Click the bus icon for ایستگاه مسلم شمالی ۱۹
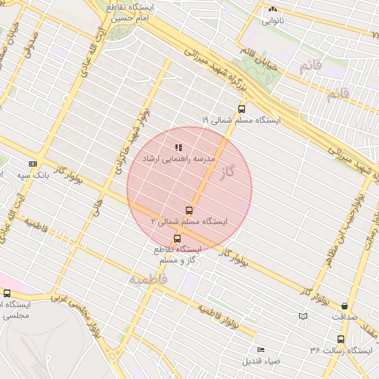(x=241, y=108)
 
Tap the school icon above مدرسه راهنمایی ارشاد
(x=177, y=147)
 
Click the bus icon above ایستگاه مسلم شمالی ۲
(x=189, y=210)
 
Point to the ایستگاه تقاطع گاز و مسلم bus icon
(x=176, y=238)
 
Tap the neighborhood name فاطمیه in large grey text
(x=148, y=280)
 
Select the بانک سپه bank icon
(x=33, y=164)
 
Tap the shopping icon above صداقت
(x=344, y=306)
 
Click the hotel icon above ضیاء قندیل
(x=260, y=349)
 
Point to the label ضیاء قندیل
(x=260, y=361)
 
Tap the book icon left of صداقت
(x=302, y=316)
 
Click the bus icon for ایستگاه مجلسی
(x=7, y=293)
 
